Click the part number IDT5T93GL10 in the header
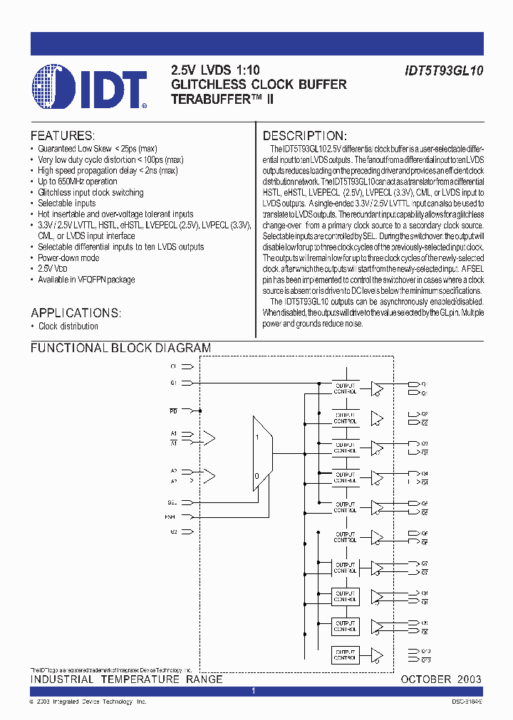442,70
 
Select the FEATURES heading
63,135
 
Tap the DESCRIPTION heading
305,135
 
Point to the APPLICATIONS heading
76,312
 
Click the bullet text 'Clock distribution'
68,327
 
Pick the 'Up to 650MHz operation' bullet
78,181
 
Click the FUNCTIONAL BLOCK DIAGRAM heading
120,348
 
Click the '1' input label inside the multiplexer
257,438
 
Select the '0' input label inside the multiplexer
257,476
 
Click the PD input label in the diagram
172,411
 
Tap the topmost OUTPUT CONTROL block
346,388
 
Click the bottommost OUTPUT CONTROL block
346,655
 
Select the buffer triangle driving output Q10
377,655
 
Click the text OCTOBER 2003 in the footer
440,679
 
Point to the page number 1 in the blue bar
254,692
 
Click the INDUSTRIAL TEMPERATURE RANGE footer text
126,679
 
